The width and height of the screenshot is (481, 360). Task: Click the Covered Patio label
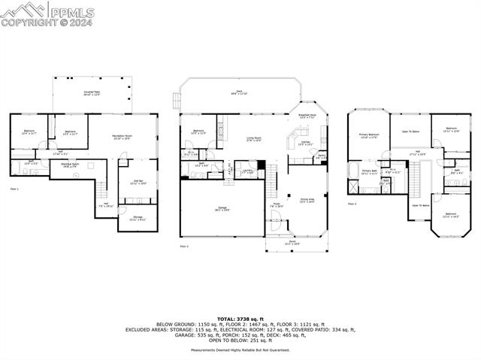pos(91,93)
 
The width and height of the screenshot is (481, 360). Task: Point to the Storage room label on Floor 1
pos(138,218)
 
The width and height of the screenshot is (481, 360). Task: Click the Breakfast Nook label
pos(309,116)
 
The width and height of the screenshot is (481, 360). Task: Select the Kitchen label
pos(305,142)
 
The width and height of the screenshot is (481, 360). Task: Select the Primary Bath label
pos(369,171)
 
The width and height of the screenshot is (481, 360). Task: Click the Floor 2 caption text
pos(184,247)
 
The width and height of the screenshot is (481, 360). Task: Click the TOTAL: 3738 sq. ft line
pos(240,319)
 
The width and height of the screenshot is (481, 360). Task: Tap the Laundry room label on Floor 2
pos(247,171)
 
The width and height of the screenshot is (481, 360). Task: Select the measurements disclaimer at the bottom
pos(240,350)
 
